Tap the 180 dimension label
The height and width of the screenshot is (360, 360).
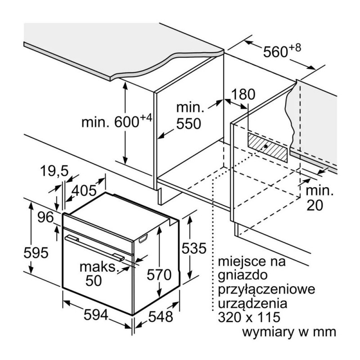click(x=243, y=94)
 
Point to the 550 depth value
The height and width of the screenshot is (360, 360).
click(x=188, y=123)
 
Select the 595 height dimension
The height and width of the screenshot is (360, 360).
click(x=36, y=253)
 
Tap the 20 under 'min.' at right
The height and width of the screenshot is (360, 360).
click(x=315, y=205)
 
